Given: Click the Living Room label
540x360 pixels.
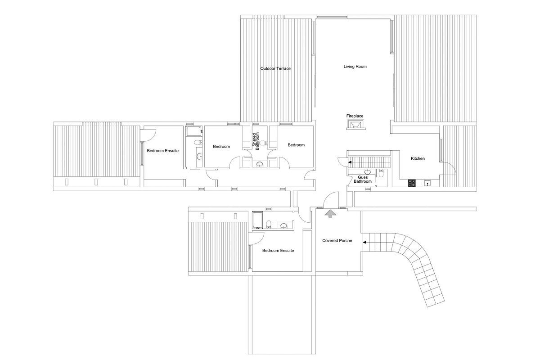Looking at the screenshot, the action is click(x=355, y=67).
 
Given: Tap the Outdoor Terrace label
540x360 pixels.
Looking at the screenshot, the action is click(x=275, y=68).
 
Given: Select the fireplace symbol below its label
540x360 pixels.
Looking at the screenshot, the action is click(x=356, y=125).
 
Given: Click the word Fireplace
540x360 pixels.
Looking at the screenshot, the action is click(x=355, y=116).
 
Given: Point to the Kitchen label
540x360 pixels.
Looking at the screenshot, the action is click(x=418, y=158).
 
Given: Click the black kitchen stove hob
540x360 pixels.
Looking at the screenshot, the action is click(x=411, y=183).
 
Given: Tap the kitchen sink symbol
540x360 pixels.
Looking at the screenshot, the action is click(x=427, y=183).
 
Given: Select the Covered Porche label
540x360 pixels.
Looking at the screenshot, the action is click(x=337, y=240).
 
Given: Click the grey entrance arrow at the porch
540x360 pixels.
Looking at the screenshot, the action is click(x=330, y=214).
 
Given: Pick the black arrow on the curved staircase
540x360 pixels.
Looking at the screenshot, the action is click(x=365, y=242).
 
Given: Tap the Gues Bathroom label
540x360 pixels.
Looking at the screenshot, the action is click(x=363, y=179).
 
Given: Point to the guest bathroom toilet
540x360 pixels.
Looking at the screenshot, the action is click(x=381, y=173).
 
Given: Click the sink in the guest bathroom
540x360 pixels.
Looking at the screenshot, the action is click(x=367, y=172).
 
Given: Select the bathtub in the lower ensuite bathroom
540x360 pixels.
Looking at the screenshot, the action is click(x=257, y=220).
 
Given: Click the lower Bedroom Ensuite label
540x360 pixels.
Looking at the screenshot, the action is click(x=278, y=251).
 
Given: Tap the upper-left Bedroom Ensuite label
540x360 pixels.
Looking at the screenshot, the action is click(x=163, y=151).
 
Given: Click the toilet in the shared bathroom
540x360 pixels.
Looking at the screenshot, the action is click(x=263, y=143).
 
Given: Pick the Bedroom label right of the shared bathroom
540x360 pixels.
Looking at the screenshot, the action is click(x=296, y=145).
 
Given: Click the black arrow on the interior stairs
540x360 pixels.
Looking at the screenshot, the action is click(x=350, y=162).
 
